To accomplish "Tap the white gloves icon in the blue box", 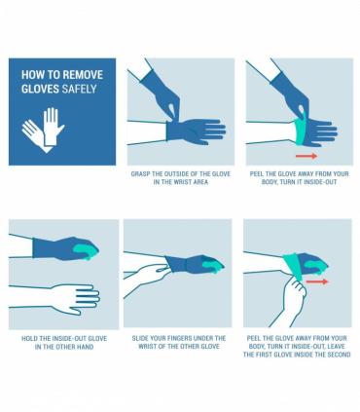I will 41,128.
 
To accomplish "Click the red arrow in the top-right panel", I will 306,156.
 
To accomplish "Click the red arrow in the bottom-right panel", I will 317,281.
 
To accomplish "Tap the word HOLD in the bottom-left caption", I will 30,338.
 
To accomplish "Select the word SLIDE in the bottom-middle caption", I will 139,338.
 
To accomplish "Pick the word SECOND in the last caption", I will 335,355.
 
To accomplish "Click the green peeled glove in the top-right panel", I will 302,129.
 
